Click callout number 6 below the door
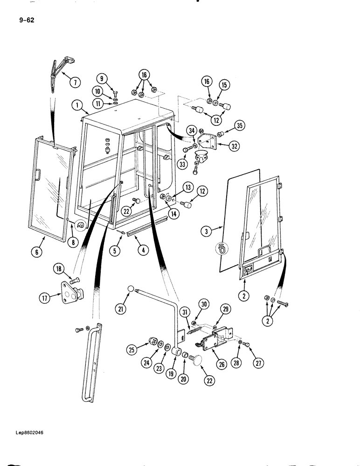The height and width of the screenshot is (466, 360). click(38, 252)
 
